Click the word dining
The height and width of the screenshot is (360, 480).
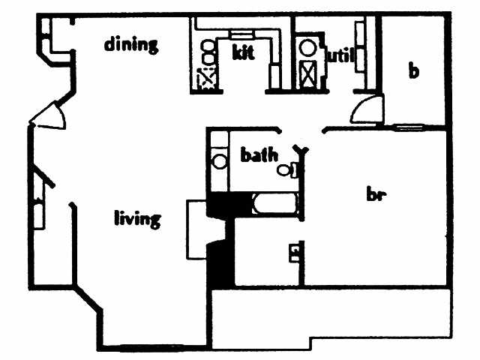click(x=131, y=44)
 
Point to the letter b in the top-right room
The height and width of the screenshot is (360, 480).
click(x=412, y=71)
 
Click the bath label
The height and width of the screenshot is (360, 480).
click(x=259, y=155)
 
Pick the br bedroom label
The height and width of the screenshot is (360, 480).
click(x=375, y=195)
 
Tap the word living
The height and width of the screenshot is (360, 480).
click(x=137, y=219)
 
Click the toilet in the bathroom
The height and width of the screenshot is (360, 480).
click(x=285, y=169)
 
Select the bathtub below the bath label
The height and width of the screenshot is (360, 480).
click(x=274, y=205)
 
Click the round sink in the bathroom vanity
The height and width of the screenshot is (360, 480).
click(x=220, y=160)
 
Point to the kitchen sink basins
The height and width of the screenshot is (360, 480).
click(x=208, y=52)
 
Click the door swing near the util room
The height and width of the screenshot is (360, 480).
click(x=365, y=109)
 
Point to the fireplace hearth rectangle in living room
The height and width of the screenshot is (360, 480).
click(x=196, y=228)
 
